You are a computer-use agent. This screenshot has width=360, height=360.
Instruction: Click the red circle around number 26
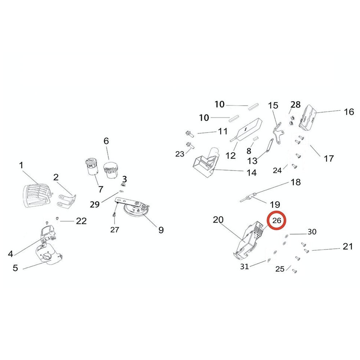click(276, 221)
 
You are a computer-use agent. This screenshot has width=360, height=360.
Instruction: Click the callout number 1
click(21, 165)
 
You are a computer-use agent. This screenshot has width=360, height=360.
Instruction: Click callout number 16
click(349, 112)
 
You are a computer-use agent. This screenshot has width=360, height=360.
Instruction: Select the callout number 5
click(15, 268)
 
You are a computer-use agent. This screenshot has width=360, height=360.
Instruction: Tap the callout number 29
click(95, 204)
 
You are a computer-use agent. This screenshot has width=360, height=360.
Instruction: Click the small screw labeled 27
click(114, 215)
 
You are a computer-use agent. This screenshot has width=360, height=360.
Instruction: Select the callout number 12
click(231, 156)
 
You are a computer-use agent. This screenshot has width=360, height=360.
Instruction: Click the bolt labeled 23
click(189, 145)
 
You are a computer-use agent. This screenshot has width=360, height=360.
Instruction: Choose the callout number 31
click(244, 266)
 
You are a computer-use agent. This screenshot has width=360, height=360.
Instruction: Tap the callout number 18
click(296, 182)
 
